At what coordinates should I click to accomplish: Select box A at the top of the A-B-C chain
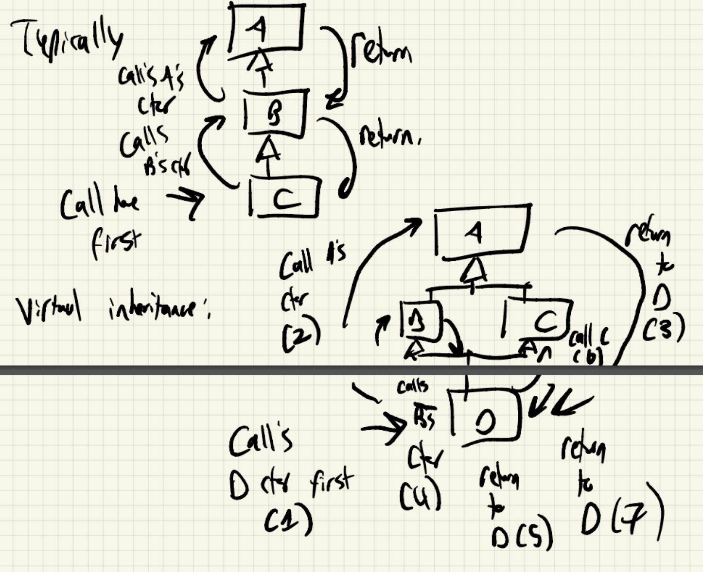[x=266, y=28]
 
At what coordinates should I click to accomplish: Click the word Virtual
[x=49, y=309]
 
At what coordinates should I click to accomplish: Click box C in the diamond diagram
[x=540, y=319]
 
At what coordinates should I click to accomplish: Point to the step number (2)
[x=301, y=335]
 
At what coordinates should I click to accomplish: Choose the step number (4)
[x=421, y=496]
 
